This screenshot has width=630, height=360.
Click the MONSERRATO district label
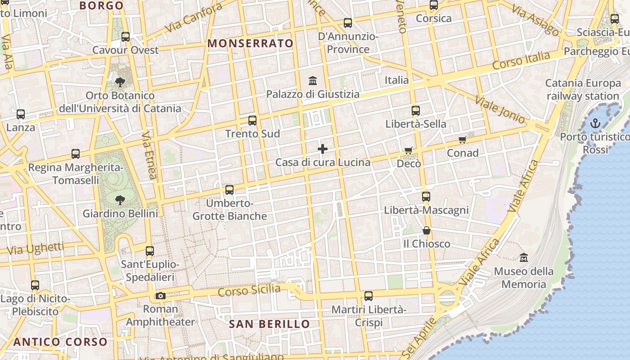pyautogui.click(x=250, y=44)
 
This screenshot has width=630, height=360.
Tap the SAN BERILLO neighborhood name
pyautogui.click(x=269, y=324)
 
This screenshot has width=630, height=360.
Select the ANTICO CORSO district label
pyautogui.click(x=60, y=342)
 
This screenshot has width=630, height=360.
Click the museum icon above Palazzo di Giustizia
pyautogui.click(x=313, y=81)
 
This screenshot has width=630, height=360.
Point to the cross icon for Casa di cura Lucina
pyautogui.click(x=323, y=149)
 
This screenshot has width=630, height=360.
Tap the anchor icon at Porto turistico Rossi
pyautogui.click(x=595, y=123)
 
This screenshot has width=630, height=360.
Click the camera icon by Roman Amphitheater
pyautogui.click(x=160, y=296)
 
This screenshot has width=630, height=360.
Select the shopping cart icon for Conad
pyautogui.click(x=462, y=140)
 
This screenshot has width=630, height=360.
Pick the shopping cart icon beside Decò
pyautogui.click(x=409, y=150)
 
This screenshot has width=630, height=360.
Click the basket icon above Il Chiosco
pyautogui.click(x=426, y=231)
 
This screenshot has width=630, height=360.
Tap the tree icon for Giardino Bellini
pyautogui.click(x=120, y=200)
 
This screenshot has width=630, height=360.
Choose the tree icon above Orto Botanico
pyautogui.click(x=120, y=82)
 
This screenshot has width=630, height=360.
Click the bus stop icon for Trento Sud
pyautogui.click(x=252, y=121)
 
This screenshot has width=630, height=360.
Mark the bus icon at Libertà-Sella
pyautogui.click(x=416, y=111)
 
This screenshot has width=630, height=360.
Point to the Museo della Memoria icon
pyautogui.click(x=523, y=258)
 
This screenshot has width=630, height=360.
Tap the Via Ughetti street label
pyautogui.click(x=36, y=248)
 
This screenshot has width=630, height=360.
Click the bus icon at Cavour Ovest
pyautogui.click(x=126, y=37)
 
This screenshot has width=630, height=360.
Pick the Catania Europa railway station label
pyautogui.click(x=583, y=90)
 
